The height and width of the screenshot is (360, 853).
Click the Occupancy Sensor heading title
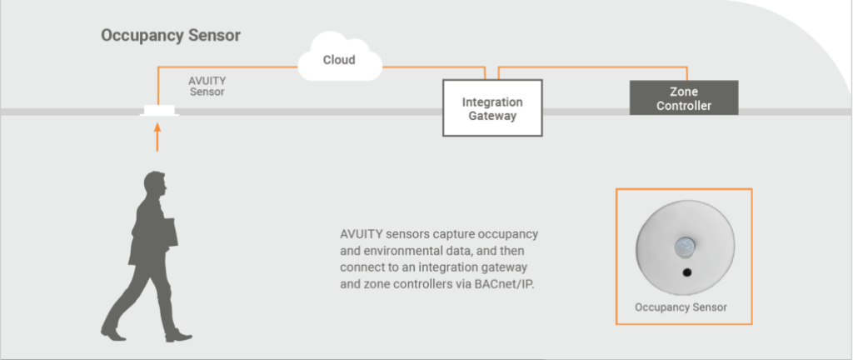tap(171, 37)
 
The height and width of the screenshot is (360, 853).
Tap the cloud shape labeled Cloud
tap(339, 61)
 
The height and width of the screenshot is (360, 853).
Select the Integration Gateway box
tap(492, 108)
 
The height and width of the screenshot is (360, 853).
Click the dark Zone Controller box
tap(683, 98)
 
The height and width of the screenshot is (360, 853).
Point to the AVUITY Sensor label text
tap(207, 86)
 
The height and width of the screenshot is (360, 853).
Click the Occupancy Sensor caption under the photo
tap(681, 307)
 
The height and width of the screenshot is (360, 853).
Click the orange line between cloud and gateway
tap(433, 67)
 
